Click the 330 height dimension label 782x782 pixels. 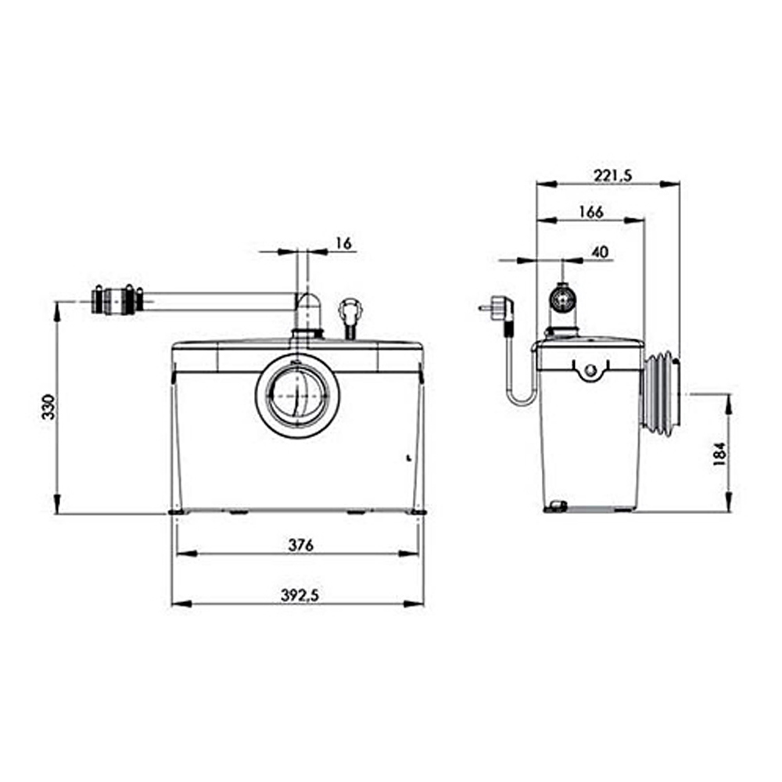pyautogui.click(x=48, y=407)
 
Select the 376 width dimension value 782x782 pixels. pyautogui.click(x=301, y=545)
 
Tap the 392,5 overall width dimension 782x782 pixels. pyautogui.click(x=300, y=595)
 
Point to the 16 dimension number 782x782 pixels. pyautogui.click(x=343, y=243)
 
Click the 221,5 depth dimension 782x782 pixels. pyautogui.click(x=613, y=175)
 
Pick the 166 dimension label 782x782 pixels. pyautogui.click(x=591, y=212)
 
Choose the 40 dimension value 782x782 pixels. pyautogui.click(x=600, y=253)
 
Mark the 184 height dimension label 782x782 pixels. pyautogui.click(x=719, y=454)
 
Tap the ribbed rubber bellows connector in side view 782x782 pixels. pyautogui.click(x=661, y=393)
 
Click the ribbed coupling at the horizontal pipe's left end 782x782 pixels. pyautogui.click(x=118, y=300)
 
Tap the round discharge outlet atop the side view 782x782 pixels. pyautogui.click(x=563, y=298)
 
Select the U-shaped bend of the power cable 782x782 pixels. pyautogui.click(x=522, y=399)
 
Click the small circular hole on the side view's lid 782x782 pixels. pyautogui.click(x=590, y=370)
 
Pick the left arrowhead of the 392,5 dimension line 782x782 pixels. pyautogui.click(x=181, y=604)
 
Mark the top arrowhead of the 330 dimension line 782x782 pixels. pyautogui.click(x=57, y=310)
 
